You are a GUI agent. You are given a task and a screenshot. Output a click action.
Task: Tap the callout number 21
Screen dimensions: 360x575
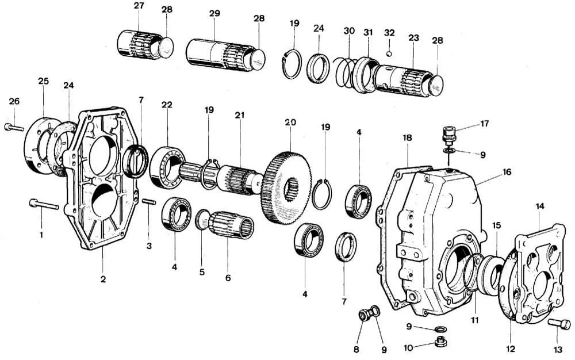[x=239, y=116]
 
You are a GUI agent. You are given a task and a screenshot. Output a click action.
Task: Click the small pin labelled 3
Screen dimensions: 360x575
[x=149, y=202]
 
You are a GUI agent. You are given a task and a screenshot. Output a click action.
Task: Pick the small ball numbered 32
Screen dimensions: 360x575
[x=389, y=54]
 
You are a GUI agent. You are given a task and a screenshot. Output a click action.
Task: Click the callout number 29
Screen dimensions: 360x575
[x=213, y=14]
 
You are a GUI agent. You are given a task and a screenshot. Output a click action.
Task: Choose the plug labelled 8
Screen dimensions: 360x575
[x=364, y=315]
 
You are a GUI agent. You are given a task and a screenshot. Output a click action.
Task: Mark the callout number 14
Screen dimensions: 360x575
[x=539, y=206]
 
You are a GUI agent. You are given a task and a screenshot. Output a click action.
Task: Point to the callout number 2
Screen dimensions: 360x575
[x=103, y=279]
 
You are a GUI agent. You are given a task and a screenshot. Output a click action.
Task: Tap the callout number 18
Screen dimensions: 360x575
[x=407, y=138]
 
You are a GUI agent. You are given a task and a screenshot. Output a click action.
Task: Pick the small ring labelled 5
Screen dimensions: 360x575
[x=202, y=219]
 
